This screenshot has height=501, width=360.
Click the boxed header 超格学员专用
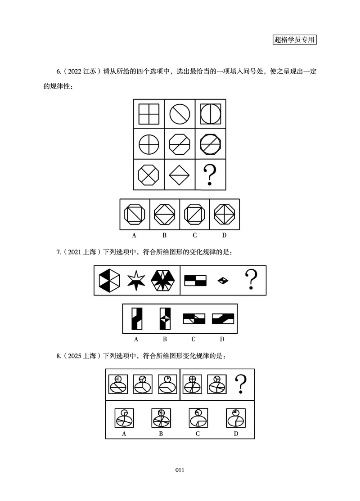(x=295, y=40)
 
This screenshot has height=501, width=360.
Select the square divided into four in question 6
(x=149, y=114)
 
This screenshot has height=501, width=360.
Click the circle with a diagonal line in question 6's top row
(x=180, y=114)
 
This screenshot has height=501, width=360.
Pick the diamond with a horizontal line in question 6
(x=180, y=174)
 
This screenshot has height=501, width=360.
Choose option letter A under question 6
(x=134, y=235)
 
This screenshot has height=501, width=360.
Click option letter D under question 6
(x=224, y=235)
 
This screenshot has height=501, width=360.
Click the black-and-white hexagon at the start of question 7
(x=110, y=281)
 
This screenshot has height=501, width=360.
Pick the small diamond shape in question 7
(x=223, y=281)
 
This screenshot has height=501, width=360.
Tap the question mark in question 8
(x=241, y=384)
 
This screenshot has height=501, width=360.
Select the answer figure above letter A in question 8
(x=124, y=418)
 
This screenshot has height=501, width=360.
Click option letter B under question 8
(x=161, y=434)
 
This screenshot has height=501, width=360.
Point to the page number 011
(x=180, y=470)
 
